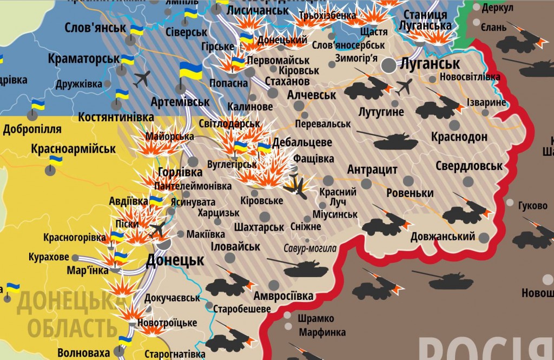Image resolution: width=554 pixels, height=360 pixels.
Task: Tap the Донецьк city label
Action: (175, 260)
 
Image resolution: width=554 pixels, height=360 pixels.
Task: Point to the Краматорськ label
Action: (83, 57)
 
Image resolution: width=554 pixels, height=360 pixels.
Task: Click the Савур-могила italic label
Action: (310, 248)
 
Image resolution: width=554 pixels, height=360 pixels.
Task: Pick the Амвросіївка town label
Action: (283, 296)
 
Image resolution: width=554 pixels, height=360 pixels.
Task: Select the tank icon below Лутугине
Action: (395, 141)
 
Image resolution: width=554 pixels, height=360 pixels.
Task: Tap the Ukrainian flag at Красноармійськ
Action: (55, 161)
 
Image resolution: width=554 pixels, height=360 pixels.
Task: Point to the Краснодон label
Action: (459, 136)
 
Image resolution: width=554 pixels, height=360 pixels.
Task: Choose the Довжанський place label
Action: (443, 236)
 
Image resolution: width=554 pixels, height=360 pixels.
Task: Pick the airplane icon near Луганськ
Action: (404, 86)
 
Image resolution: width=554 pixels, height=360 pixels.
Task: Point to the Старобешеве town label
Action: (242, 309)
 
